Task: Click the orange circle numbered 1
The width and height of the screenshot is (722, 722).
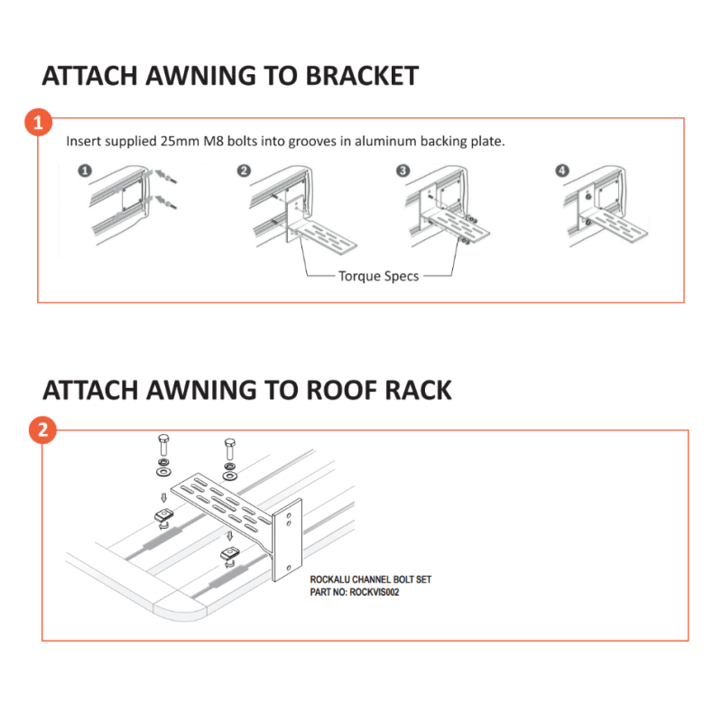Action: (x=38, y=123)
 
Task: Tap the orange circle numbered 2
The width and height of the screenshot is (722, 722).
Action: (x=42, y=430)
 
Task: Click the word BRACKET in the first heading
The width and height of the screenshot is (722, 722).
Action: (x=362, y=76)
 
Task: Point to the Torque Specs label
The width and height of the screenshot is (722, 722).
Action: (x=378, y=276)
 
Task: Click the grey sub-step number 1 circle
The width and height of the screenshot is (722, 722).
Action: (x=85, y=171)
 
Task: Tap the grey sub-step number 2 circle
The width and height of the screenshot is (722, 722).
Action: (x=244, y=171)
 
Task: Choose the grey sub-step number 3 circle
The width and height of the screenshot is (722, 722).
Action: (x=403, y=171)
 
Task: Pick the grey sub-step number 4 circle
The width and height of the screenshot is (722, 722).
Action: (x=561, y=171)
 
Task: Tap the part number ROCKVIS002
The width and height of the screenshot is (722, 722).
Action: (x=374, y=592)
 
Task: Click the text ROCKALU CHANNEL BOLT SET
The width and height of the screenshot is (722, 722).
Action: (x=371, y=579)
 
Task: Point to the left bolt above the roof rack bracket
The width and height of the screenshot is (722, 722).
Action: (x=163, y=445)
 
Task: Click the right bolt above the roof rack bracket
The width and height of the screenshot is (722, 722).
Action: (x=230, y=449)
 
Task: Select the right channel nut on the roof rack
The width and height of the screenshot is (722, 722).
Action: (x=230, y=555)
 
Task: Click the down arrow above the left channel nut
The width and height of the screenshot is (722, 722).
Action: (x=163, y=498)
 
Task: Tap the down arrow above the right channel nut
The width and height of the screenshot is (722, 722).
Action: (x=230, y=536)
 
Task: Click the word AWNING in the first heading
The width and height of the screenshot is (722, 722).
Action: (x=200, y=76)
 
